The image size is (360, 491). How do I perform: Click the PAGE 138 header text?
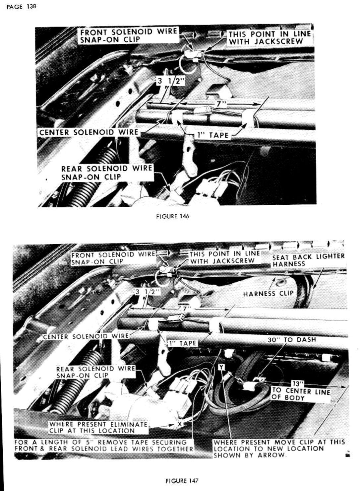21,6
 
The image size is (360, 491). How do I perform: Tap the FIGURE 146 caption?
173,216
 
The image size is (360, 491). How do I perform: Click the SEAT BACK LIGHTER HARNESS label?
309,260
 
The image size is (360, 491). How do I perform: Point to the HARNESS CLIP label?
269,293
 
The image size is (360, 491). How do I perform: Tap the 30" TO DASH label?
292,340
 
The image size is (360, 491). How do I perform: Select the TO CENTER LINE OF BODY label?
301,394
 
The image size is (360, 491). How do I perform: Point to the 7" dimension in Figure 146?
220,104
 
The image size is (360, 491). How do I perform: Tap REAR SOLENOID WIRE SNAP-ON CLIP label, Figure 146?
106,173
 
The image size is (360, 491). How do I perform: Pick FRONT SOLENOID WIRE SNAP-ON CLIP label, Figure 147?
113,258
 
